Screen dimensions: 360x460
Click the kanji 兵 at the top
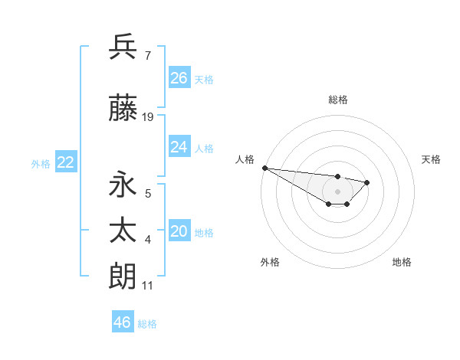pos(123,47)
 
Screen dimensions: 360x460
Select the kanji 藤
pos(123,109)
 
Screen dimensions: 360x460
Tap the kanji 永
pos(123,185)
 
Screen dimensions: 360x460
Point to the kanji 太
pos(123,231)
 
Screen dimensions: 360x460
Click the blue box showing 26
pos(179,77)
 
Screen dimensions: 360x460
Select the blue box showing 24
pos(179,146)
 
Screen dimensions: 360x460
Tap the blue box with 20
pos(179,231)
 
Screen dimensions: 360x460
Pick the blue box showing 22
pos(66,162)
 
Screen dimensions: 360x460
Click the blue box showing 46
pos(123,322)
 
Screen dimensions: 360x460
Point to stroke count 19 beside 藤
pos(148,117)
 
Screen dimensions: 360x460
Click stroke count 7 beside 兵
pos(147,56)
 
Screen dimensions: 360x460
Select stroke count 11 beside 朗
pos(148,285)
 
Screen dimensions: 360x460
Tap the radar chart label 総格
pos(338,100)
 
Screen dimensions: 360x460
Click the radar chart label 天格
pos(432,159)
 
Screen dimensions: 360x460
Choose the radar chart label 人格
pos(245,159)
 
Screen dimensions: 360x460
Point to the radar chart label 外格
pos(270,262)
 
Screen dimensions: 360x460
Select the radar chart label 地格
pos(402,262)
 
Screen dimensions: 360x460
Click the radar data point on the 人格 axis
pos(264,168)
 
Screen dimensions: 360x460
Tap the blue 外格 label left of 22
pos(41,163)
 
